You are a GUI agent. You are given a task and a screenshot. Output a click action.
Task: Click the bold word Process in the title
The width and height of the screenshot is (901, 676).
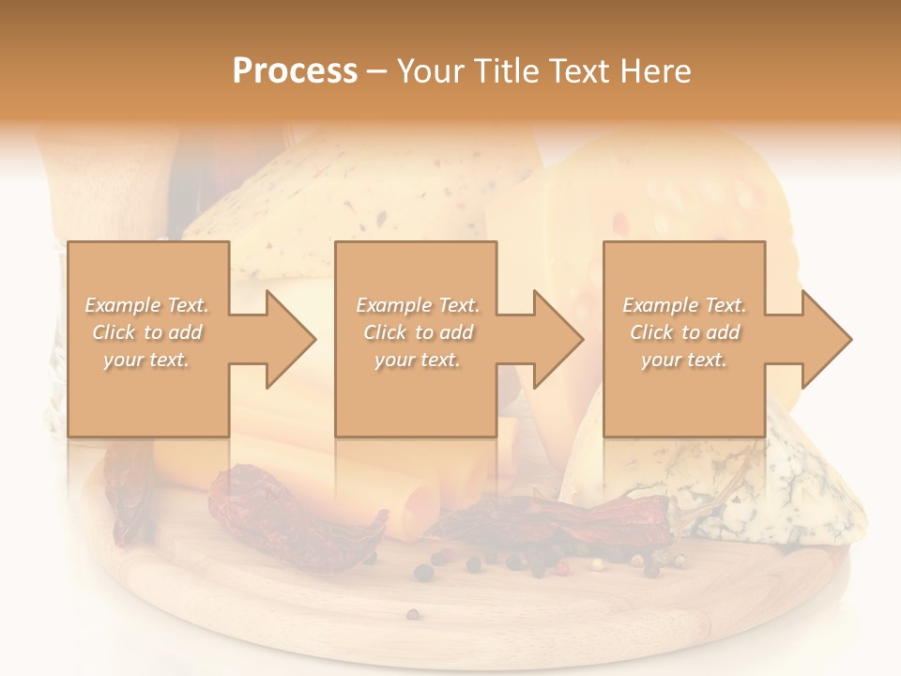click(295, 71)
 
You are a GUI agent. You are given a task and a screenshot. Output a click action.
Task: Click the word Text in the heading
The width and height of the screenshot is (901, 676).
click(580, 71)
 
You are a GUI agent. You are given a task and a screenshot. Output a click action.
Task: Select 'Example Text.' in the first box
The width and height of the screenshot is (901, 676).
click(147, 305)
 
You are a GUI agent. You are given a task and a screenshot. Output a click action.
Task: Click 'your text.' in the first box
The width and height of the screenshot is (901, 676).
click(147, 360)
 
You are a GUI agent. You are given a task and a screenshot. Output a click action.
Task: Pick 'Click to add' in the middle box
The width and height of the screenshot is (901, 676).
click(418, 332)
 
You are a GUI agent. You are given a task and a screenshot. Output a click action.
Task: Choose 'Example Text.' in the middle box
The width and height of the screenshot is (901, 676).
click(418, 305)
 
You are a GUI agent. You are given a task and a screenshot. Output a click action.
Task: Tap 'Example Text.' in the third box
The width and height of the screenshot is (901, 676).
click(684, 305)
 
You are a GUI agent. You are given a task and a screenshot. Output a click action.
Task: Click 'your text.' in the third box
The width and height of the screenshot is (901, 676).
click(684, 360)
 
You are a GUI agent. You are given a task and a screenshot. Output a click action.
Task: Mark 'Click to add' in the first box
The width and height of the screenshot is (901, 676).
click(147, 332)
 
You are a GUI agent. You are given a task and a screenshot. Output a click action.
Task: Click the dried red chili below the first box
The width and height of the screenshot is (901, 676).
click(282, 512)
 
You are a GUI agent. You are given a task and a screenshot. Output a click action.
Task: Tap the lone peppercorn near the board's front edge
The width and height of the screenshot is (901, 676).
click(412, 614)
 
